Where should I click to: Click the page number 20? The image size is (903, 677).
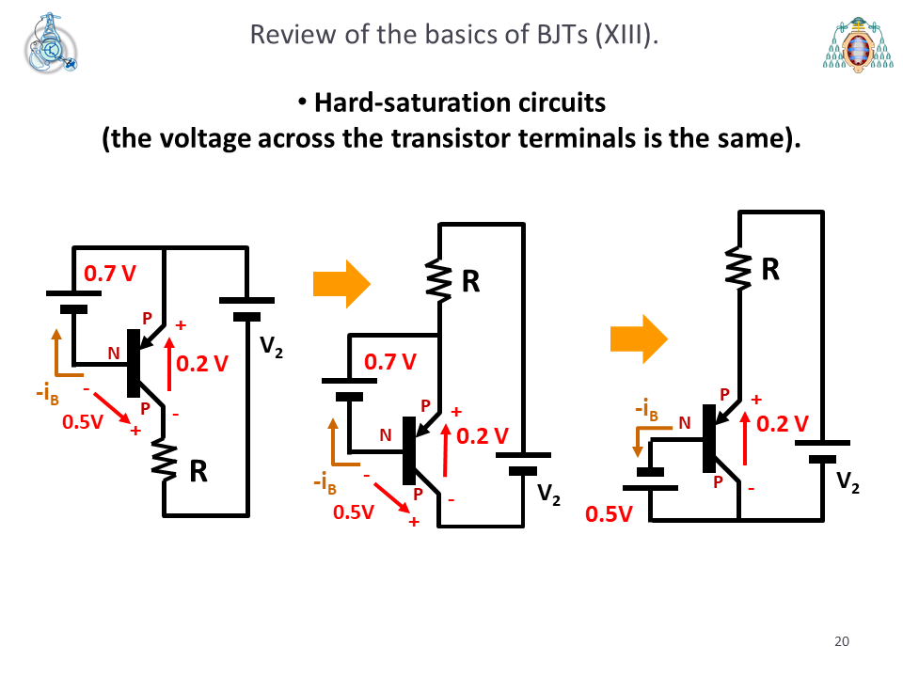[841, 641]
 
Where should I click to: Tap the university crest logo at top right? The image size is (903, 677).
[858, 45]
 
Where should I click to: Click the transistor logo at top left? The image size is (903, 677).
[51, 43]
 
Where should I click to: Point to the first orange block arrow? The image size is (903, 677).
[341, 284]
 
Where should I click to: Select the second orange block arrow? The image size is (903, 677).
[639, 339]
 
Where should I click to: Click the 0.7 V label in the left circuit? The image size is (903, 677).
[110, 274]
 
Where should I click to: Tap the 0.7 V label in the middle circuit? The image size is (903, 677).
[389, 361]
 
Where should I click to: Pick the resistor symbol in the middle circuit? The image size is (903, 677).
[439, 280]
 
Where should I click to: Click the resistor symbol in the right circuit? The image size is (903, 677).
[739, 267]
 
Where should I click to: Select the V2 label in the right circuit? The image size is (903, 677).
[848, 482]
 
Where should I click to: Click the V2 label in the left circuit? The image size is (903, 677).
[271, 347]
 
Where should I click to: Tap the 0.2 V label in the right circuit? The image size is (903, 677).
[782, 424]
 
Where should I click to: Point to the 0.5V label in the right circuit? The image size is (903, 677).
[609, 514]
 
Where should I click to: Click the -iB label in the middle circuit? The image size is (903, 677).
[325, 483]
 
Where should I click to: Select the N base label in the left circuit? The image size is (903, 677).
[114, 353]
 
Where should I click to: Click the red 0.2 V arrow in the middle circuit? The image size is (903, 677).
[445, 450]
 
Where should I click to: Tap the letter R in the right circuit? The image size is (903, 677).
[770, 269]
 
